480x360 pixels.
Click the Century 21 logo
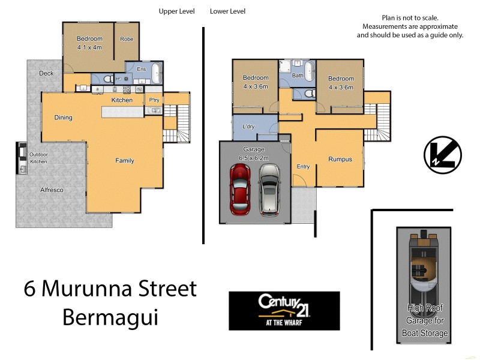284,310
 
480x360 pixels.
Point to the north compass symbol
442,154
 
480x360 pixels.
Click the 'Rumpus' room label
340,160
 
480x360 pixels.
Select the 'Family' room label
125,161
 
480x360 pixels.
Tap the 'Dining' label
63,118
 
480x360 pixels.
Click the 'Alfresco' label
51,190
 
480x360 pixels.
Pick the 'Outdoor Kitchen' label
38,158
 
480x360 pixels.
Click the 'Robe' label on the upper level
127,40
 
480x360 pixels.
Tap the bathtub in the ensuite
156,75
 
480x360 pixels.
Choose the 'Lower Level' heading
227,11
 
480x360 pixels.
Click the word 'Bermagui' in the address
110,317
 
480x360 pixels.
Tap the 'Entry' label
303,167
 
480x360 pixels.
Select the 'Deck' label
46,74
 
